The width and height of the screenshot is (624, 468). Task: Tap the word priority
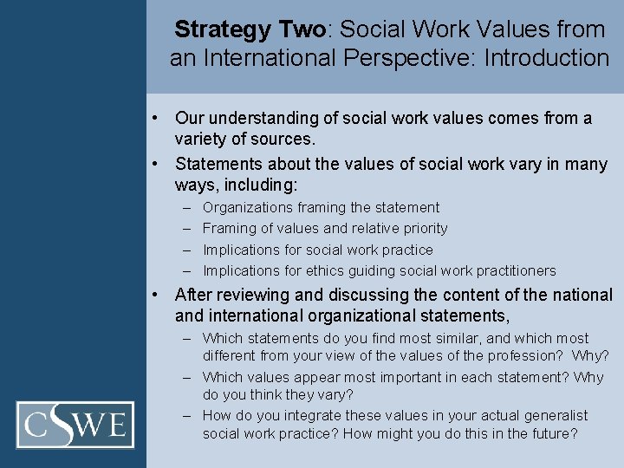pyautogui.click(x=422, y=229)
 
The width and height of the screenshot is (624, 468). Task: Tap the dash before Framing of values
pyautogui.click(x=188, y=229)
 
